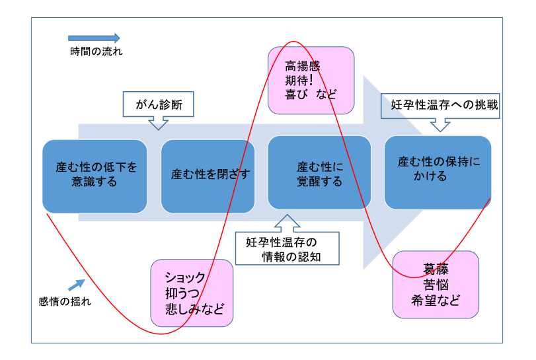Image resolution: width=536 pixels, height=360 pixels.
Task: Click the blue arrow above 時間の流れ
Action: coord(94,38)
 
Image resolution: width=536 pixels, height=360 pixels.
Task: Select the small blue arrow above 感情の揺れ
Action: coord(77,285)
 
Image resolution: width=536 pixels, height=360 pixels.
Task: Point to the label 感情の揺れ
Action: coord(65,302)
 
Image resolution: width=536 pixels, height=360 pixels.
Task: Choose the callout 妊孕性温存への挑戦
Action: coord(440,105)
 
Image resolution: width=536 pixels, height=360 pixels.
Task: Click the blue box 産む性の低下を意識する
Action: coord(95,175)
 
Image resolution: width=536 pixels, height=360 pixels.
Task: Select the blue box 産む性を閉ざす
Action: coord(208,175)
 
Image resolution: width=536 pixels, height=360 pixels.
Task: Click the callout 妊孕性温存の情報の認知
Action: coord(287,249)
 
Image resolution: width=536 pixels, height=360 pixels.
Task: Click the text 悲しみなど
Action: coord(194,308)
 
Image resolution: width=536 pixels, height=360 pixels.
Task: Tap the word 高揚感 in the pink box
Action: coord(302,66)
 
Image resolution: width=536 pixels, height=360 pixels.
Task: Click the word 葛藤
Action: coord(436,270)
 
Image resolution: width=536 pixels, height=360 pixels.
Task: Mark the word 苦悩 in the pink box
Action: coord(436,285)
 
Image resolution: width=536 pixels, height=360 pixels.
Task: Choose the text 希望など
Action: coord(436,300)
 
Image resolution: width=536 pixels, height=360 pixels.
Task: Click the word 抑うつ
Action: coord(182,293)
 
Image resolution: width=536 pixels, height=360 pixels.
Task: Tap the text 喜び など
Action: coord(311,94)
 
